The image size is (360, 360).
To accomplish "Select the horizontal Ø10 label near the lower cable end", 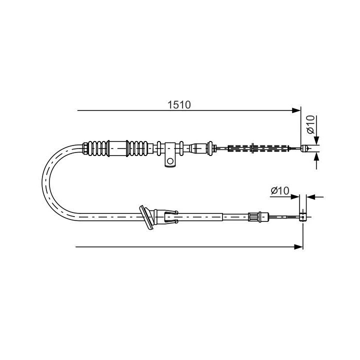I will click(x=280, y=190).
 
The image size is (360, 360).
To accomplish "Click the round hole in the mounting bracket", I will click(x=170, y=161).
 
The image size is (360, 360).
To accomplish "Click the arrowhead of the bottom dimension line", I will click(x=299, y=246).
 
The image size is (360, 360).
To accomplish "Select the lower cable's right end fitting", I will click(x=302, y=216).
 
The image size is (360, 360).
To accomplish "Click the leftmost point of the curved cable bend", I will click(x=44, y=182).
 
